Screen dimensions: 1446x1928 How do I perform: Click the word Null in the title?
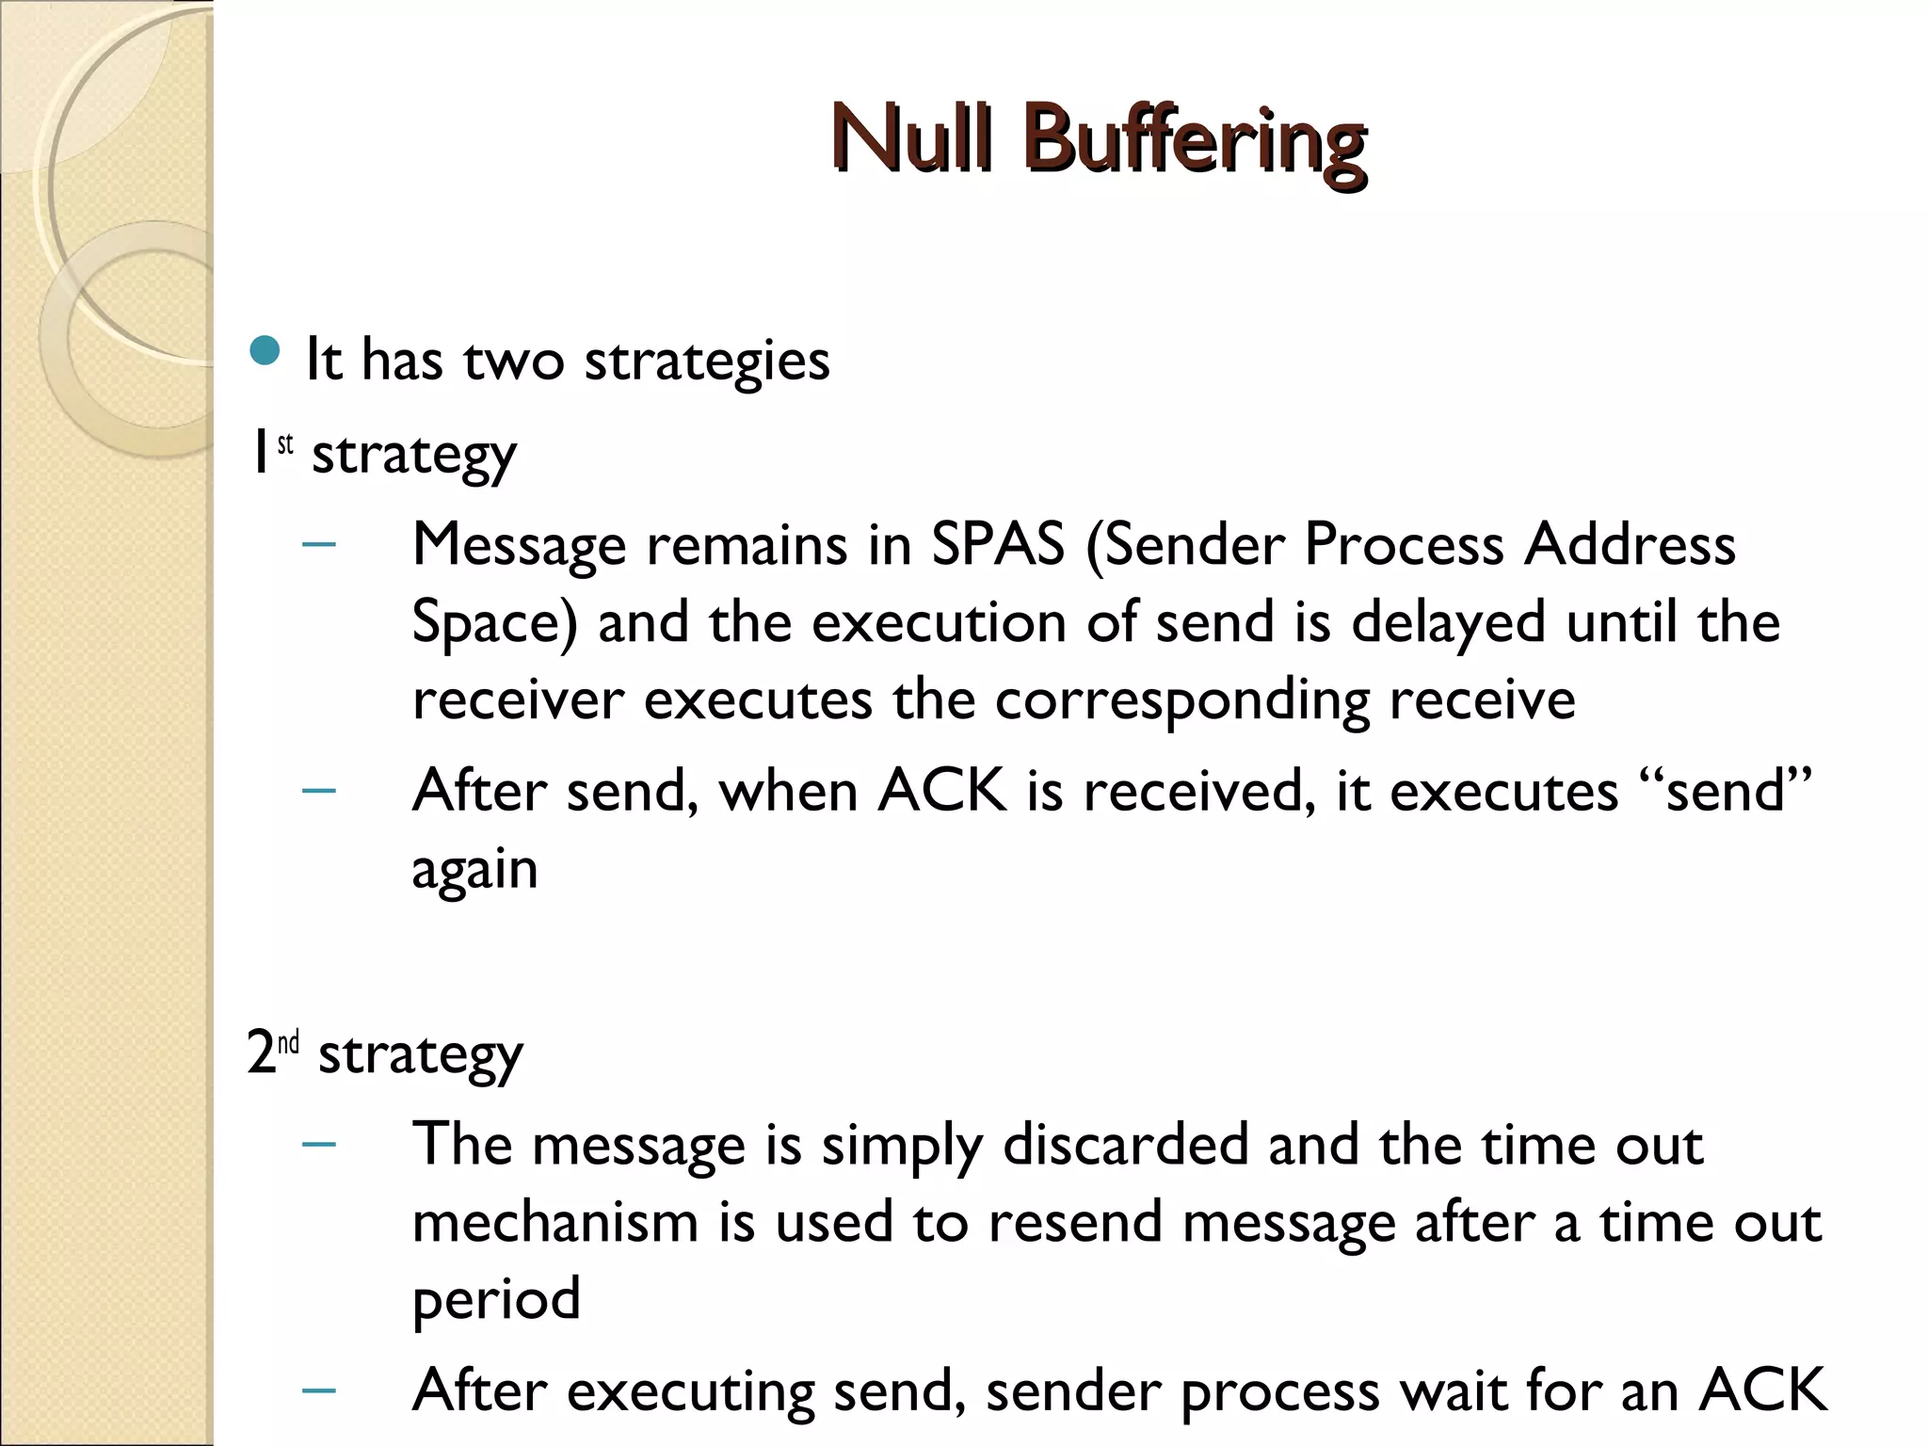pyautogui.click(x=911, y=139)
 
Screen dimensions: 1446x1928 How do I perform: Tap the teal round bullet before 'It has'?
pyautogui.click(x=266, y=351)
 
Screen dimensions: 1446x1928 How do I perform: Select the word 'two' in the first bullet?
pyautogui.click(x=513, y=361)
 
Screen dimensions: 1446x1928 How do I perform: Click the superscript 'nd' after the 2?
pyautogui.click(x=289, y=1042)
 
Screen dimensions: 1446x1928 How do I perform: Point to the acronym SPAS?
pyautogui.click(x=998, y=544)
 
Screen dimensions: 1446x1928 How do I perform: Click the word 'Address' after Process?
pyautogui.click(x=1630, y=544)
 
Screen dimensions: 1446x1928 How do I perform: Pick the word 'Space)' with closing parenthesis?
pyautogui.click(x=494, y=623)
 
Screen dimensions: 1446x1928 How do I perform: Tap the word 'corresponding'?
pyautogui.click(x=1181, y=700)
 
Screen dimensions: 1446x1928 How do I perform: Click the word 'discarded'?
pyautogui.click(x=1124, y=1145)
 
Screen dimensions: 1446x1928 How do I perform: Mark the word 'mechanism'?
pyautogui.click(x=554, y=1222)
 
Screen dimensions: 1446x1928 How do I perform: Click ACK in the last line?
pyautogui.click(x=1762, y=1390)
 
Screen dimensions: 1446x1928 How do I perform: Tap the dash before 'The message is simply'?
pyautogui.click(x=319, y=1145)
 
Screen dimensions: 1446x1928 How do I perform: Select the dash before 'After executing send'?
pyautogui.click(x=319, y=1390)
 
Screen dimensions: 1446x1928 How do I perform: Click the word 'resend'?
pyautogui.click(x=1075, y=1222)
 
